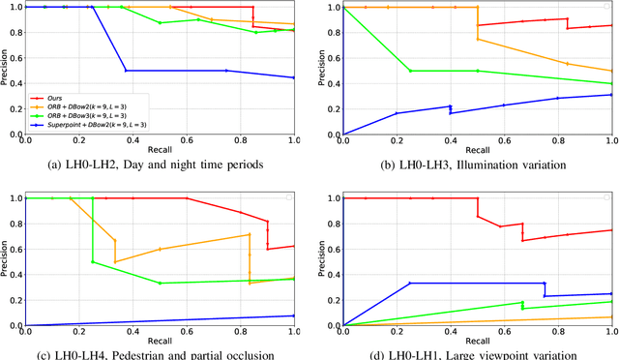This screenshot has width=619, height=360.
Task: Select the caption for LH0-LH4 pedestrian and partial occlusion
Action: tap(155, 354)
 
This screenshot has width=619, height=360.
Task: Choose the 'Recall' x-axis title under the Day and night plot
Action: tap(160, 150)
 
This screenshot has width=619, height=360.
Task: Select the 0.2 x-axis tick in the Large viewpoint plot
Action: tap(397, 333)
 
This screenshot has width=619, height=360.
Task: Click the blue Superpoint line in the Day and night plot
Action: tap(174, 71)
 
